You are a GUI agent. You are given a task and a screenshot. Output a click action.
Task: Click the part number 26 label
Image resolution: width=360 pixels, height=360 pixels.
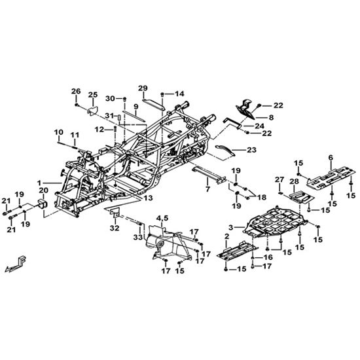76,91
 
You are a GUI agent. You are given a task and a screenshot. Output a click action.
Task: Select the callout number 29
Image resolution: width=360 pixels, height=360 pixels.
143,88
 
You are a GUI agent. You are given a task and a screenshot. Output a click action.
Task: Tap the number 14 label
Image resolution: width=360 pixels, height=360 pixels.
179,94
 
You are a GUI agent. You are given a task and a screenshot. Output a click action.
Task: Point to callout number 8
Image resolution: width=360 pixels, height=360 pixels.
271,118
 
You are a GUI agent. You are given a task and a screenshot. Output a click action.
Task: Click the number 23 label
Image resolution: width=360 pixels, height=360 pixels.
251,150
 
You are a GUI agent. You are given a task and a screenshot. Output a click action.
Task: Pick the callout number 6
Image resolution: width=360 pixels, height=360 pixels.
331,158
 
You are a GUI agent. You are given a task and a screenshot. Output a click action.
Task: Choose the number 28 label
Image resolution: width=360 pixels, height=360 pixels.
294,181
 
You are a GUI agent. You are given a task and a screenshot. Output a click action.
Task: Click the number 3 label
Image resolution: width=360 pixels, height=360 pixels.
231,228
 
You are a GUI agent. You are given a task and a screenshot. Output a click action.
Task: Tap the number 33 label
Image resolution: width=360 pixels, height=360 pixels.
138,238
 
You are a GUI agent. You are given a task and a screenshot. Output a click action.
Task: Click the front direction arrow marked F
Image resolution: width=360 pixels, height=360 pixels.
16,264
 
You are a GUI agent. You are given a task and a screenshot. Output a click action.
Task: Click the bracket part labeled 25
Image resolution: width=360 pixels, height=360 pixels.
92,111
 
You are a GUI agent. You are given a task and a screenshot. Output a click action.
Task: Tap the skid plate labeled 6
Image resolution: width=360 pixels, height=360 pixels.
331,179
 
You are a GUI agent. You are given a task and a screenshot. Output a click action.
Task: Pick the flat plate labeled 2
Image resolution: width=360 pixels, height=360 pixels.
238,251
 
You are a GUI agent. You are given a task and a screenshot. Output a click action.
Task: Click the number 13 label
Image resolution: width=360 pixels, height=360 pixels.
148,198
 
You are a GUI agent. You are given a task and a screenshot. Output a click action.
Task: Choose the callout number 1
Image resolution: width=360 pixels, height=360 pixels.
39,183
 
